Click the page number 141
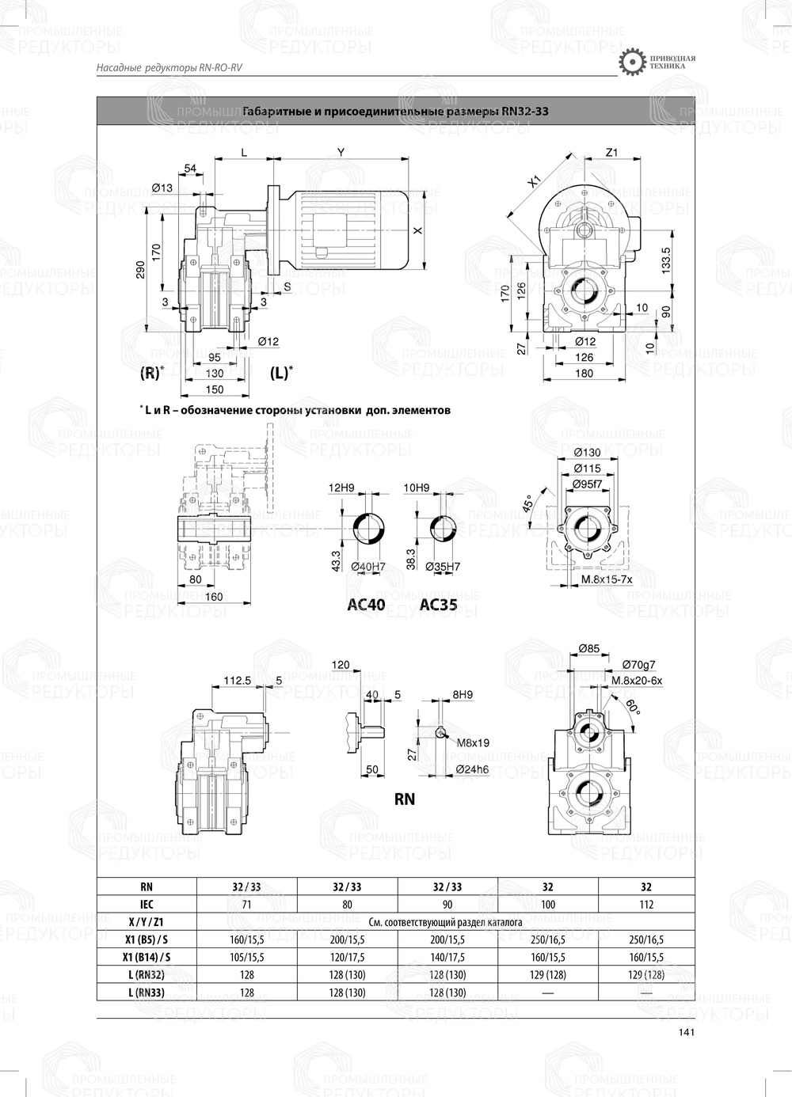[x=686, y=1031]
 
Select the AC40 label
[x=367, y=605]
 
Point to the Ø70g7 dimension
[x=638, y=665]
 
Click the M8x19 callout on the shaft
[x=473, y=743]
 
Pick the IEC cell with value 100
[x=547, y=904]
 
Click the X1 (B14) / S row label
[x=147, y=957]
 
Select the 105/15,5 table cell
[x=246, y=957]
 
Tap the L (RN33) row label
[x=147, y=992]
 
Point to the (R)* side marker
[x=152, y=372]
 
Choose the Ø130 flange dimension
[x=587, y=452]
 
